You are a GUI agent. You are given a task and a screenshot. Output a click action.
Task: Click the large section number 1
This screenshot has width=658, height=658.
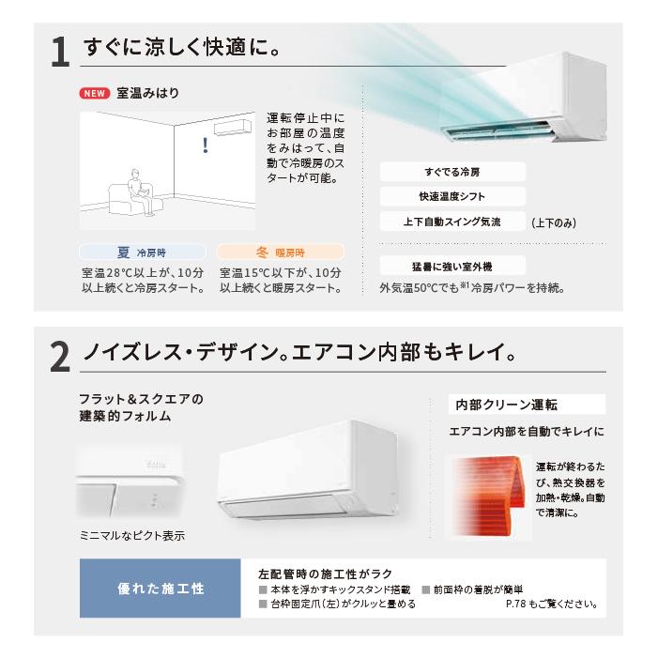pos(59,51)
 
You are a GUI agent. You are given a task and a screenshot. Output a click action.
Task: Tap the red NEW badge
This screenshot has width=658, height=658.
pos(95,94)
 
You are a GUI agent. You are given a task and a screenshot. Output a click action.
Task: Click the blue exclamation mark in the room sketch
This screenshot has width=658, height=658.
pos(206,145)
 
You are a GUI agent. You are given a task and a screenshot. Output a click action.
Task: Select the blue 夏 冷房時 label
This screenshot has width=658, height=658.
pos(142,252)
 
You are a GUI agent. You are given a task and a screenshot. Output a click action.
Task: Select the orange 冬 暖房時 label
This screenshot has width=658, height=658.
pos(280,252)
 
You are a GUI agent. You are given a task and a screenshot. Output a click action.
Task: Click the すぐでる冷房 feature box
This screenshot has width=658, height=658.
pos(451,173)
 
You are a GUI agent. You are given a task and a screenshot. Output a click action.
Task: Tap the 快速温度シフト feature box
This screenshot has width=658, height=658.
pos(451,197)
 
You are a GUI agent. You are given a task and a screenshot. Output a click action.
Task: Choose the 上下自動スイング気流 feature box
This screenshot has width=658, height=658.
pos(451,222)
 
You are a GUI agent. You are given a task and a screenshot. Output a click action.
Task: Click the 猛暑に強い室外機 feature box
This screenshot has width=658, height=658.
pos(451,266)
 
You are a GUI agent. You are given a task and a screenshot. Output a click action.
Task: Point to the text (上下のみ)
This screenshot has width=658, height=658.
pos(554,223)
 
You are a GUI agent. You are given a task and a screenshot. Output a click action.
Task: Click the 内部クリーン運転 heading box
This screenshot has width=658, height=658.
pos(526,405)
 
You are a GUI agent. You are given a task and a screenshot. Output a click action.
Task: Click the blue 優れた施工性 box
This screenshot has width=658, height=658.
pos(161,589)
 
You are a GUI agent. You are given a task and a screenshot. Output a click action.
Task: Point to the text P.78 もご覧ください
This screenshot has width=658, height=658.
pos(551,604)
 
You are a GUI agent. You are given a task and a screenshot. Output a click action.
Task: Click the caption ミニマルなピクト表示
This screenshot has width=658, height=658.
pos(131,536)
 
